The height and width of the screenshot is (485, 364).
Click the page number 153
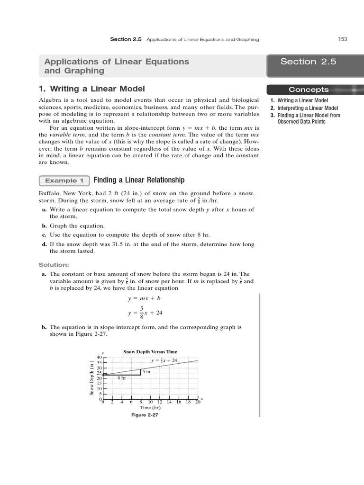coord(342,39)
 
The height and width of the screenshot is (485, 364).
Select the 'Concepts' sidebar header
coord(309,90)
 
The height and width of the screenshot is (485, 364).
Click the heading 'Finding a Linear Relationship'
coord(139,180)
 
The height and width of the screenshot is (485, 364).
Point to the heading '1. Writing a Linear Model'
coord(91,89)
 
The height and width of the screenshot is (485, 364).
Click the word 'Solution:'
coord(54,265)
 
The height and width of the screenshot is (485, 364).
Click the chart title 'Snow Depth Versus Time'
coord(150,352)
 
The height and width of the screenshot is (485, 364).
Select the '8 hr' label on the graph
coord(122,378)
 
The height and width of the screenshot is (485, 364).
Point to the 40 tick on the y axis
coord(99,357)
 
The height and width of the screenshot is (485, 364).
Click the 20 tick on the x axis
coord(198,402)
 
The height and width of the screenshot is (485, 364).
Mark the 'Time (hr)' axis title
coord(150,408)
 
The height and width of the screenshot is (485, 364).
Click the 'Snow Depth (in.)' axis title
coord(92,377)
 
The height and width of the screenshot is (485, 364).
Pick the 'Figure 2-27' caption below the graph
coord(145,415)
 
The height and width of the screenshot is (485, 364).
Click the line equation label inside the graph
coord(164,360)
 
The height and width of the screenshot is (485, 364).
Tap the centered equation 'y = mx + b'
coord(146,299)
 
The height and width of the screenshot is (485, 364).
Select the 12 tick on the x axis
coord(160,402)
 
